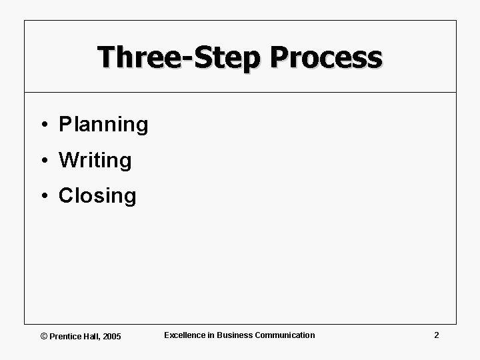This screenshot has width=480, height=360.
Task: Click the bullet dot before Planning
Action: pos(42,125)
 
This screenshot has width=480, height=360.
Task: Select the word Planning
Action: pos(103,125)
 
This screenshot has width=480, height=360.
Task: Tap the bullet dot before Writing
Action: pos(42,161)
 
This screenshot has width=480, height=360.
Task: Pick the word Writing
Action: pos(95,160)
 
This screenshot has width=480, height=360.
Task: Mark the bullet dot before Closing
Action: pos(42,196)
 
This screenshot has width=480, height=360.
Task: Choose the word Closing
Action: pos(97,196)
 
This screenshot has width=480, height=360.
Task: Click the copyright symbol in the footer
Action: pos(44,337)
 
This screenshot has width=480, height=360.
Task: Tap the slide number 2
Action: pos(436,335)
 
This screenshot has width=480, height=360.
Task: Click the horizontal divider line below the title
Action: pos(240,92)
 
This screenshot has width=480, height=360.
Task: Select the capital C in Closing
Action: pos(65,196)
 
